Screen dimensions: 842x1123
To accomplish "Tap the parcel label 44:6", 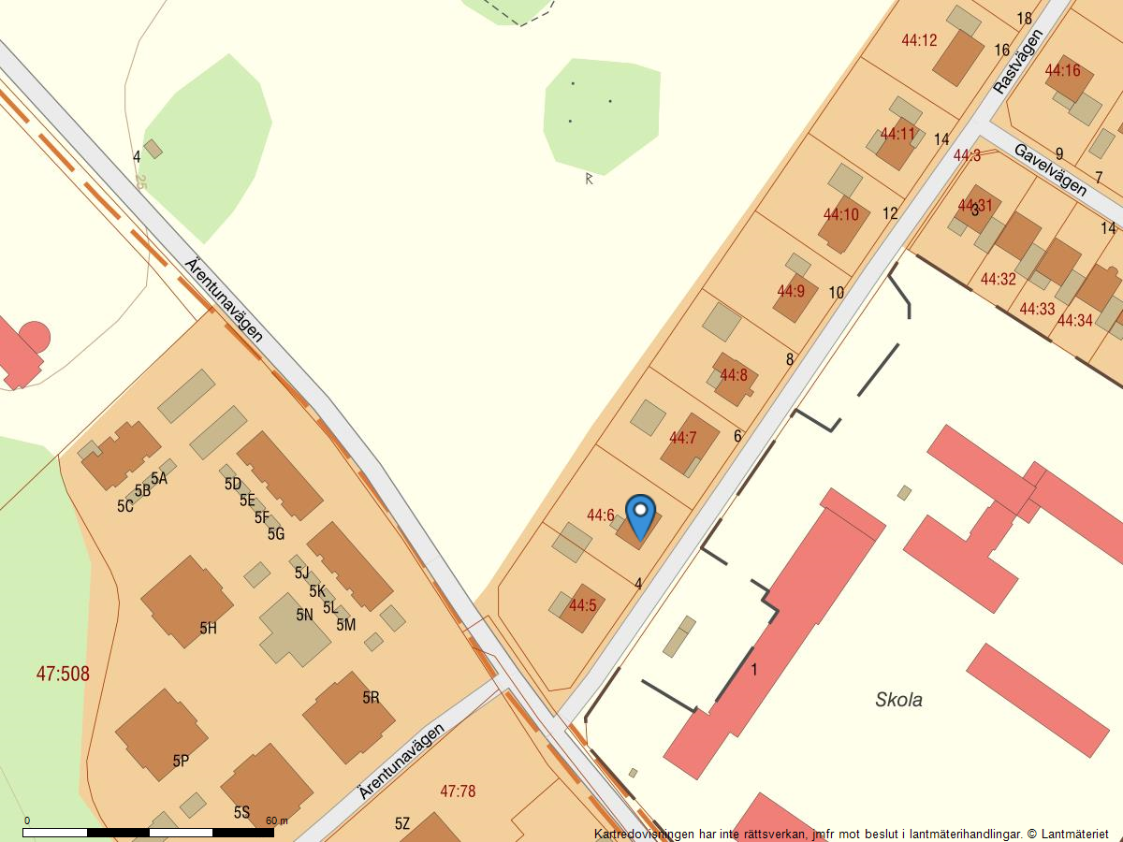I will [601, 515].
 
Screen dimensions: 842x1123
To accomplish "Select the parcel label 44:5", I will [582, 605].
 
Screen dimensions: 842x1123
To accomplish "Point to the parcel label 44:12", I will [919, 40].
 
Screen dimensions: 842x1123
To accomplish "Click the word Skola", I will [898, 700].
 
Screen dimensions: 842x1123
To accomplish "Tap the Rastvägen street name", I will [1017, 62].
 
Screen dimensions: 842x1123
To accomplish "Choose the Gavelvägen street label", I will [1050, 169].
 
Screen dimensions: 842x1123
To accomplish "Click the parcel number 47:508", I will [63, 674].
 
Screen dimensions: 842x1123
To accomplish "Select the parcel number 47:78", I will [458, 791].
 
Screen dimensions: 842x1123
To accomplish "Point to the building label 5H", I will [208, 629].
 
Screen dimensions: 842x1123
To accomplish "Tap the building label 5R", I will [372, 697].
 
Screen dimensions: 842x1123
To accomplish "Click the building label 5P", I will [181, 762].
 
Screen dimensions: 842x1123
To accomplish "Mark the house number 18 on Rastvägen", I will [1024, 19].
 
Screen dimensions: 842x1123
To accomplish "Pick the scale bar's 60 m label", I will [277, 820].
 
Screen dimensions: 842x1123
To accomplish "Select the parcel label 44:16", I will [1062, 70].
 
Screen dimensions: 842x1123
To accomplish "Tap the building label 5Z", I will [402, 823].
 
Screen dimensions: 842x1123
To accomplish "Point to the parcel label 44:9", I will [791, 291].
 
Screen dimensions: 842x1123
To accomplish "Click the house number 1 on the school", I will [754, 669].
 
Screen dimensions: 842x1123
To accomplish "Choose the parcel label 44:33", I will [1037, 309].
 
